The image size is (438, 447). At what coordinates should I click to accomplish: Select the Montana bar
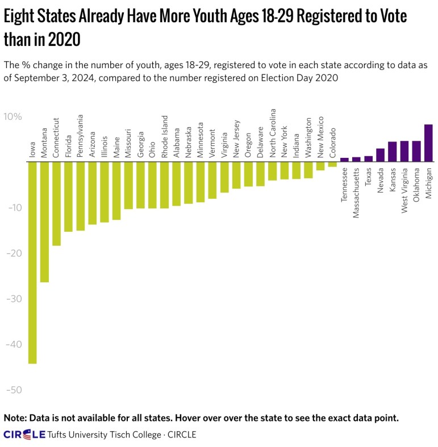click(x=44, y=222)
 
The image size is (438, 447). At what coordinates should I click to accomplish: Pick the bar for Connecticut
click(x=56, y=204)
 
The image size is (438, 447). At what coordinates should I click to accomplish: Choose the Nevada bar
click(x=381, y=155)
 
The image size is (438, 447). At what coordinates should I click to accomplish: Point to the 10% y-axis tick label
click(x=13, y=117)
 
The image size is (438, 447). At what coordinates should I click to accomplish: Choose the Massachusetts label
click(x=356, y=190)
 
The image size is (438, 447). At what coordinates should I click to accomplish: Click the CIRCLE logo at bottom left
click(x=24, y=435)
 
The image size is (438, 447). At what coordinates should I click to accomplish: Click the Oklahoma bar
click(x=416, y=151)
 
